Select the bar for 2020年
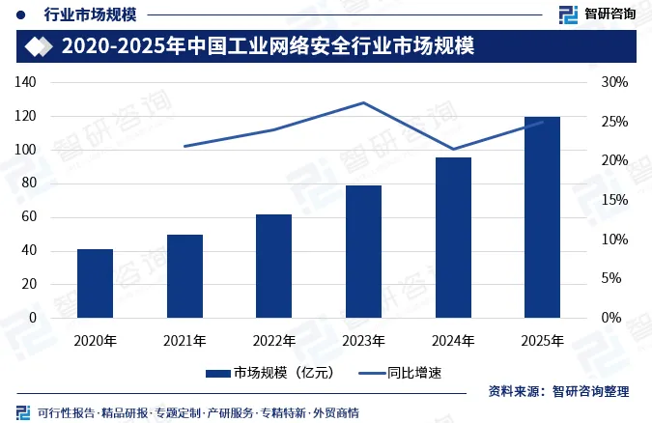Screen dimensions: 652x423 (x=96, y=283)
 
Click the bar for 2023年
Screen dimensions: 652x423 (x=363, y=252)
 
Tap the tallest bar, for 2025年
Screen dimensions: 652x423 (x=542, y=217)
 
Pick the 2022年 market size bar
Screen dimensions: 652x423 (x=273, y=267)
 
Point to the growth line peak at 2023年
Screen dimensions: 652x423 (x=363, y=102)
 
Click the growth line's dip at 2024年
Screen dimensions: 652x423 (x=453, y=149)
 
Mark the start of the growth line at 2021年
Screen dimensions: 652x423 (x=184, y=147)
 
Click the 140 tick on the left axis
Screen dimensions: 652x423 (x=25, y=82)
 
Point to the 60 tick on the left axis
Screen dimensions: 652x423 (x=29, y=216)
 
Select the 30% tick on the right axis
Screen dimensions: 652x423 (x=614, y=82)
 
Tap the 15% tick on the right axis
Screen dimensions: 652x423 (x=614, y=200)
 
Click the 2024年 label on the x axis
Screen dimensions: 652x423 (x=453, y=341)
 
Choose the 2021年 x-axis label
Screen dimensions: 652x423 (x=184, y=341)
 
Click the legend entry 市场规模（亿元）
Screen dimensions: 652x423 (x=270, y=373)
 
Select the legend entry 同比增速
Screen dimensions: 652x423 (x=400, y=373)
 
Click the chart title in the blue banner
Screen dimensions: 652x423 (x=269, y=45)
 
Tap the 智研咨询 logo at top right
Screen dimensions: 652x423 (x=597, y=14)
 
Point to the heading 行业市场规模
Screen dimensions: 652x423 (x=90, y=15)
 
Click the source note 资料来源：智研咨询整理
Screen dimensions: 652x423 (x=558, y=391)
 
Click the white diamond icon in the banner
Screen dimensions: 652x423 (x=39, y=46)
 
